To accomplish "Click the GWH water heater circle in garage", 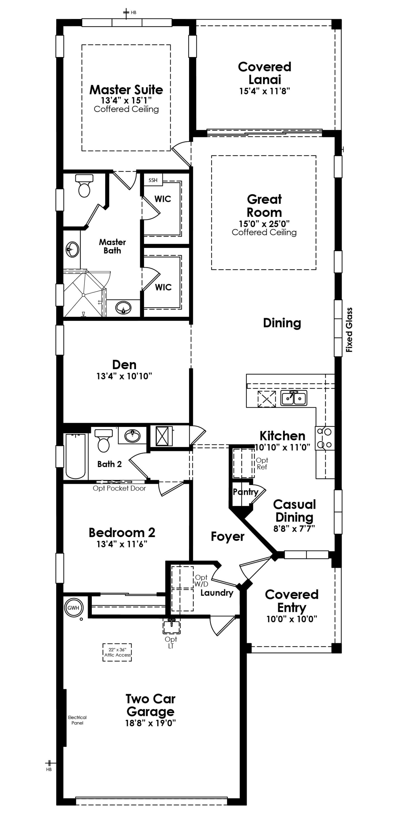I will (73, 608).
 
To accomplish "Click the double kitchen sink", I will (294, 398).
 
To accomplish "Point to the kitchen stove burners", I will (325, 438).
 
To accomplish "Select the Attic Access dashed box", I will (117, 652).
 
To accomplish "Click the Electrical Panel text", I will (77, 720).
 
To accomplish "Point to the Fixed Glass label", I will (349, 330).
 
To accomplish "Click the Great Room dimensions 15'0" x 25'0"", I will (264, 223).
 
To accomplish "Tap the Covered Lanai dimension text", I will (264, 91).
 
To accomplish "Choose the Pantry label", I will (245, 492).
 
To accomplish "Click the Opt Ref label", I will (262, 464).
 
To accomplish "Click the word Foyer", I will (228, 536).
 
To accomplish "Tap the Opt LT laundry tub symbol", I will (171, 627).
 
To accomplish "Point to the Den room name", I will (124, 365).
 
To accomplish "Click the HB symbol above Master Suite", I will (126, 13).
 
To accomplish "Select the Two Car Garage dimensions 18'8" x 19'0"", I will (150, 723).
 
